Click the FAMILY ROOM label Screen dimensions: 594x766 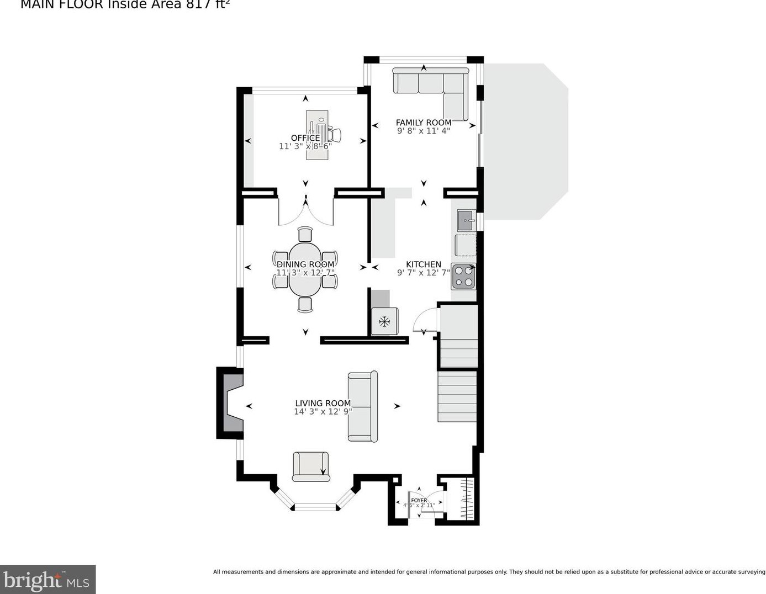[423, 123]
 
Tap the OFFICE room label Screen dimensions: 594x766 [305, 138]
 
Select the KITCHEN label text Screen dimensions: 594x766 [423, 264]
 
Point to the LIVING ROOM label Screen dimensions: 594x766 [323, 404]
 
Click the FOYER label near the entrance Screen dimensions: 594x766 [419, 500]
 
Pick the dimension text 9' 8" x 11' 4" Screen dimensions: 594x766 [423, 131]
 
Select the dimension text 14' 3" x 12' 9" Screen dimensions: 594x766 [323, 412]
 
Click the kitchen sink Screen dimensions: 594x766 [466, 220]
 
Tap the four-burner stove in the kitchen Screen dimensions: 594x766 [463, 277]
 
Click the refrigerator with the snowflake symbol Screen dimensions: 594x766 [384, 321]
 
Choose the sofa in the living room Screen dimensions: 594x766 [363, 407]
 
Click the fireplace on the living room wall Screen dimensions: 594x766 [230, 404]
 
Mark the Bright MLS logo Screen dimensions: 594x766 [47, 580]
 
